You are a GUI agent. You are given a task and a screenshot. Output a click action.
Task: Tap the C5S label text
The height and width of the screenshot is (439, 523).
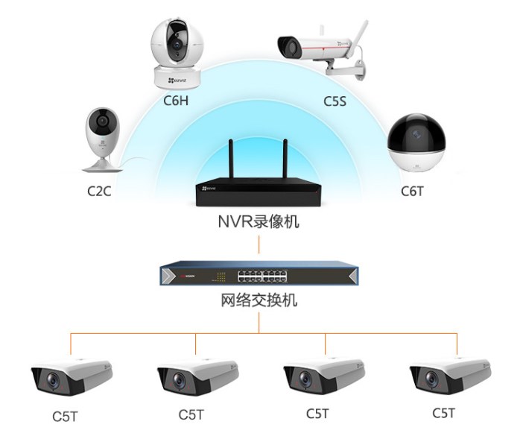335,99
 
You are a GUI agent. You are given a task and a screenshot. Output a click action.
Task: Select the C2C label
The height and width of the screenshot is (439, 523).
98,192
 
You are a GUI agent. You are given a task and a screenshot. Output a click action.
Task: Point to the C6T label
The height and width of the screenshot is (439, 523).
412,191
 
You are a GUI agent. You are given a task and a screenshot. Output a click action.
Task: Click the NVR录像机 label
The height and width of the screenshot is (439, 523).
259,221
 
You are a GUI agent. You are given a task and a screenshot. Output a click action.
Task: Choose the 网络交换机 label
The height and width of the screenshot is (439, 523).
259,301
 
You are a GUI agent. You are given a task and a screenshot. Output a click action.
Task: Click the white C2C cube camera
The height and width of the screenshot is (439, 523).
101,139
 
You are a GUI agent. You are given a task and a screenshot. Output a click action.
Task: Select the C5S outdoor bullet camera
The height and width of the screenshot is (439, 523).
320,48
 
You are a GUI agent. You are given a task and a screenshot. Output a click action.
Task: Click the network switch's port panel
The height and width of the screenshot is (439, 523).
263,276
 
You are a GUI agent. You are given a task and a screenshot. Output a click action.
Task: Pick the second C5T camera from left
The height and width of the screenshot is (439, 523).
197,377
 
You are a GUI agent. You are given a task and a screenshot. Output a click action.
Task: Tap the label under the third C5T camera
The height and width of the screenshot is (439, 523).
317,412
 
